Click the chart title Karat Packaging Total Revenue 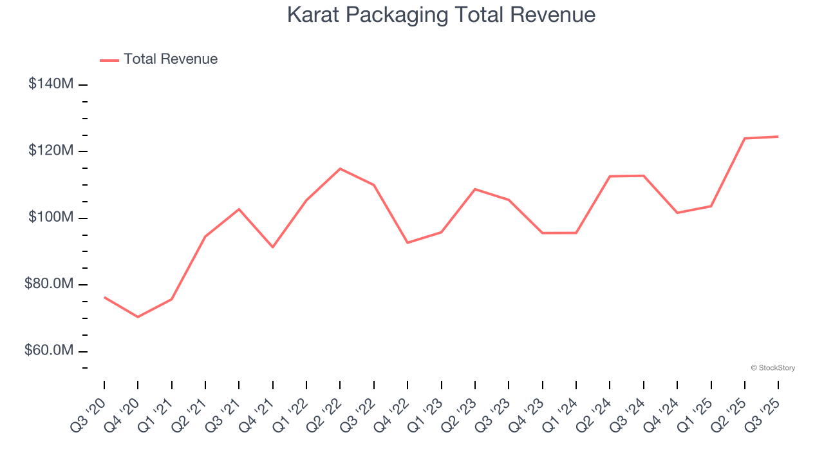tap(441, 15)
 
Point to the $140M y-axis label tap(51, 84)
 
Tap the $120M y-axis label tap(51, 151)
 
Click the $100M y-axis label tap(51, 217)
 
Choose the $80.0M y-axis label tap(48, 284)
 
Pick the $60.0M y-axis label tap(48, 351)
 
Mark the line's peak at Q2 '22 tap(340, 169)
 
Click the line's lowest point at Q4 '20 tap(138, 317)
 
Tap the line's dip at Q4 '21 tap(273, 247)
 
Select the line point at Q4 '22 tap(407, 242)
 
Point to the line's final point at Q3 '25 tap(778, 137)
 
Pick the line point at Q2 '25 tap(745, 139)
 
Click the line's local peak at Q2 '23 tap(475, 189)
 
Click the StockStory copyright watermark tap(772, 368)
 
